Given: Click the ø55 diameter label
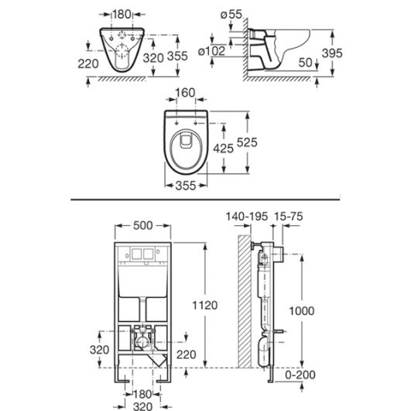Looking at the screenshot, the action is point(231,14).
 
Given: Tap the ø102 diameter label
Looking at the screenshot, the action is point(212,51).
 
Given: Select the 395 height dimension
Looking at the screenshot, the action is point(332,53).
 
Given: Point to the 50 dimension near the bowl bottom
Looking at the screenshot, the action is point(306,63).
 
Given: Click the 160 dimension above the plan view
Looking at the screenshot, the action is point(185,93).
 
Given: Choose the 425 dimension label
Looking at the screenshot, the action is point(223,149).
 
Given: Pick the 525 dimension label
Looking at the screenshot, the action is point(247,142).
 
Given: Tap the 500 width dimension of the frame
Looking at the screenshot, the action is point(143,225).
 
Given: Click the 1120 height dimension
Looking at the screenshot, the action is point(204,306).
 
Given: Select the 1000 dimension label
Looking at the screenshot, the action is point(302,311).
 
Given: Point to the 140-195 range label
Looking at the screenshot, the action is point(247,217).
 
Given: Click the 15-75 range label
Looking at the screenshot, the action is point(289,217).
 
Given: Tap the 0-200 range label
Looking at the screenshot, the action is point(300,375).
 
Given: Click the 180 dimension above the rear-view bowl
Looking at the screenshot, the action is point(122,14).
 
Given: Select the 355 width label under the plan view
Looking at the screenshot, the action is point(186,186).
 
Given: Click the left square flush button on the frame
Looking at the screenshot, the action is point(136,253).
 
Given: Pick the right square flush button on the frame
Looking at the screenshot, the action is point(149,253).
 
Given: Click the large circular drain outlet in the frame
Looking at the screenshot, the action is point(142,342).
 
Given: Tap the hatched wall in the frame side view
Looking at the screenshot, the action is point(245,301).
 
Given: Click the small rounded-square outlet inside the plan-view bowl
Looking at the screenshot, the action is point(186,142).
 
